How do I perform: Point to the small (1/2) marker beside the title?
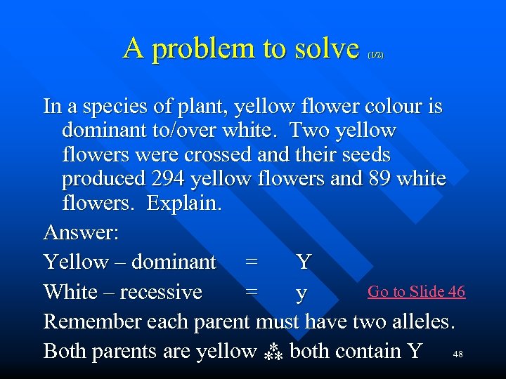pos(375,55)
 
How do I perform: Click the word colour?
pos(385,107)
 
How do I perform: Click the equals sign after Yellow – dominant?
pos(251,262)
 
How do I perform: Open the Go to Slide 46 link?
pos(416,291)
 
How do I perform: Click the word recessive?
pos(161,291)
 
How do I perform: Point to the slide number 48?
pos(458,353)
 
